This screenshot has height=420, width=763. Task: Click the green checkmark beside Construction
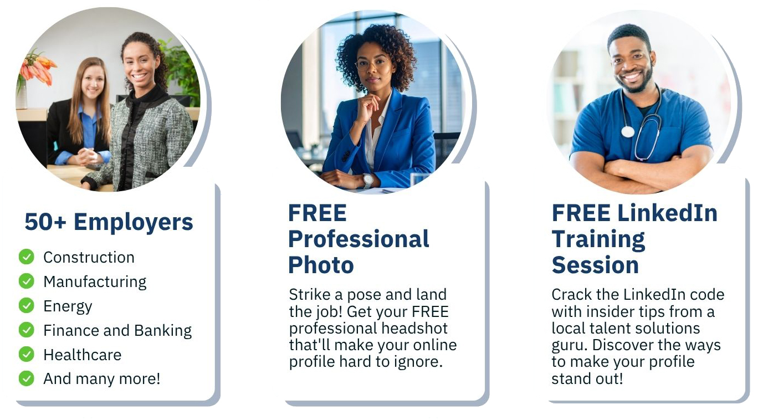pyautogui.click(x=26, y=257)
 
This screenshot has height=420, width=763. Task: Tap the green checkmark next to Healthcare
pyautogui.click(x=26, y=354)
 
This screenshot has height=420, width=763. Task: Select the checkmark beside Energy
pyautogui.click(x=26, y=305)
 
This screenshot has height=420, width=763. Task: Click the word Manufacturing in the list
pyautogui.click(x=95, y=281)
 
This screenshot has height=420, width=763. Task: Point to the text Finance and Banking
pyautogui.click(x=117, y=330)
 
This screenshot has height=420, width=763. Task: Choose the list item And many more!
pyautogui.click(x=101, y=379)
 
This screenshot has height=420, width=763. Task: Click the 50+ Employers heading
pyautogui.click(x=109, y=222)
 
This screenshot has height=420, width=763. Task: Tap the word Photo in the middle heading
pyautogui.click(x=321, y=265)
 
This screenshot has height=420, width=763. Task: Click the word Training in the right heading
pyautogui.click(x=598, y=239)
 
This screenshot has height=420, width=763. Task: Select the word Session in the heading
pyautogui.click(x=595, y=265)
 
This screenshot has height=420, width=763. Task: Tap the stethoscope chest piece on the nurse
pyautogui.click(x=627, y=132)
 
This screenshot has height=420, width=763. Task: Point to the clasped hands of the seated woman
pyautogui.click(x=89, y=157)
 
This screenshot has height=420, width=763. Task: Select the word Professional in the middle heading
pyautogui.click(x=359, y=239)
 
